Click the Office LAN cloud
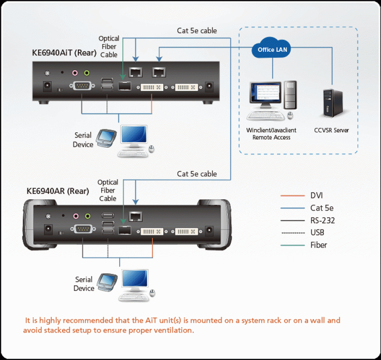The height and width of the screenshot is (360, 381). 273,49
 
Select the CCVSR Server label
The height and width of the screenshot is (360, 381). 332,130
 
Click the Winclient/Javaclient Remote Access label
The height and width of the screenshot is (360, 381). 271,134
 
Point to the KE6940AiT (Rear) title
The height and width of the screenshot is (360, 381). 64,53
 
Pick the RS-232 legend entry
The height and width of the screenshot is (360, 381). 323,220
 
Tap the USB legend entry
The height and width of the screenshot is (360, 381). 317,233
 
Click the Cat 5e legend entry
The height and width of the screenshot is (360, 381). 322,208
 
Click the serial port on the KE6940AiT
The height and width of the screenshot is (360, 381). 81,86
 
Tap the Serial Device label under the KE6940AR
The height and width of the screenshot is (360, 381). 84,284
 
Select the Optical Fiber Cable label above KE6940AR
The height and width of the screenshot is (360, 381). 108,190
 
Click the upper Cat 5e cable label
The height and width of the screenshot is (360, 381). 197,31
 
